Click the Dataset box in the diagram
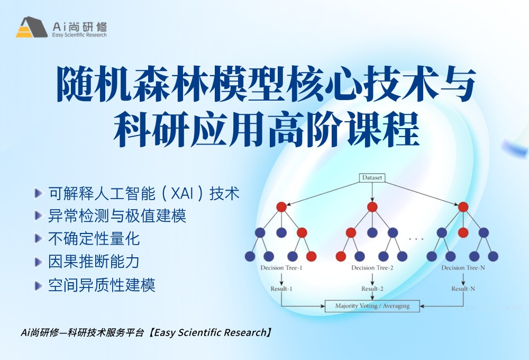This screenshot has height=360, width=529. [x=372, y=178]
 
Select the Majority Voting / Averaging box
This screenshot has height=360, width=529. [x=372, y=305]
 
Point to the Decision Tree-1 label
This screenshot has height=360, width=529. [x=281, y=268]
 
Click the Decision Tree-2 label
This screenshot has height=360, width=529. [x=372, y=268]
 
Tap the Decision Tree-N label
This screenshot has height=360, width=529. [x=463, y=268]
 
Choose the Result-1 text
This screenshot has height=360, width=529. [x=281, y=289]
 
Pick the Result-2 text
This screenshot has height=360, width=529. [x=372, y=289]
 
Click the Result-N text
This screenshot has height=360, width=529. [x=463, y=289]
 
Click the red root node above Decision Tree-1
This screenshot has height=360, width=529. [x=281, y=206]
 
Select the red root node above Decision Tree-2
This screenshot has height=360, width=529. [x=372, y=206]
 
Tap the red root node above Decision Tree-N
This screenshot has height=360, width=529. [x=463, y=206]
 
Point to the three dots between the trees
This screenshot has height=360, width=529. [x=416, y=239]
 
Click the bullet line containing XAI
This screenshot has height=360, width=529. [x=143, y=193]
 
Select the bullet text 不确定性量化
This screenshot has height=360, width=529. [x=94, y=239]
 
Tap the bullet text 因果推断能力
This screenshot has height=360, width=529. [x=94, y=262]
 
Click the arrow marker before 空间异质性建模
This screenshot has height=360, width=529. [x=38, y=285]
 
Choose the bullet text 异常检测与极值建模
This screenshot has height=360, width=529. [x=117, y=216]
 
